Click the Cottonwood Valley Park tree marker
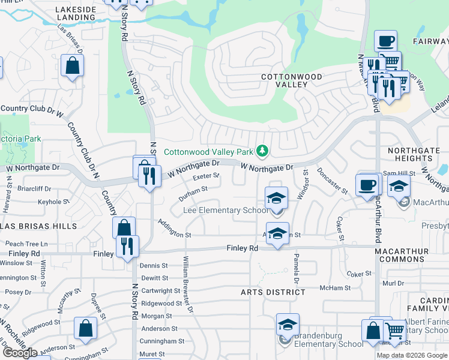[x=262, y=150]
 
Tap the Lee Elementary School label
[x=226, y=211]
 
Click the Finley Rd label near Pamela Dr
[x=242, y=248]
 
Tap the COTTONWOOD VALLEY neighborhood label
[x=291, y=81]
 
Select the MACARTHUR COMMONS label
[x=411, y=255]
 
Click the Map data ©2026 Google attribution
[x=412, y=355]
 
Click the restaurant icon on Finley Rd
[x=127, y=247]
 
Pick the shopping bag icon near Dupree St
[x=85, y=329]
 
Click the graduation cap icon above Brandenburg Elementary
[x=288, y=325]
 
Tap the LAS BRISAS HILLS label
[x=40, y=226]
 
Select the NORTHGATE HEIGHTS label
[x=414, y=154]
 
